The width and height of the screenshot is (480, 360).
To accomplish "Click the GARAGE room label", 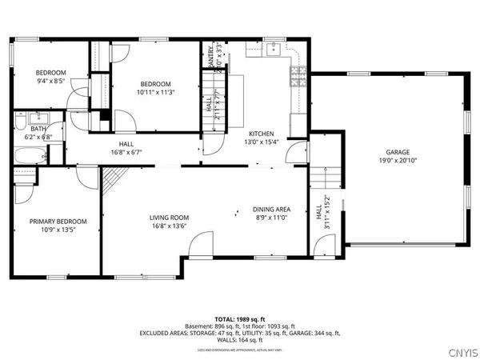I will (x=398, y=152).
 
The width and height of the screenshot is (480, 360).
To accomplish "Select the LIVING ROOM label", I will (x=169, y=217).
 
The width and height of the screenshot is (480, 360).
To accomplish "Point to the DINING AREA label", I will (x=271, y=209).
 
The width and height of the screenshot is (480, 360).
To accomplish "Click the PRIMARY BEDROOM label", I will (x=58, y=222).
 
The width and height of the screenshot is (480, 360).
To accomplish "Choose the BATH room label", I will (x=38, y=128).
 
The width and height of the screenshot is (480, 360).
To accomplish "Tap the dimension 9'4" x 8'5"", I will (x=51, y=80).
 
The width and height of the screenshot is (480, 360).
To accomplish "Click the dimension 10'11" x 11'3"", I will (x=156, y=92).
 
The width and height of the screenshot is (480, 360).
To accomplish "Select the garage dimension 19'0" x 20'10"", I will (x=398, y=160).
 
